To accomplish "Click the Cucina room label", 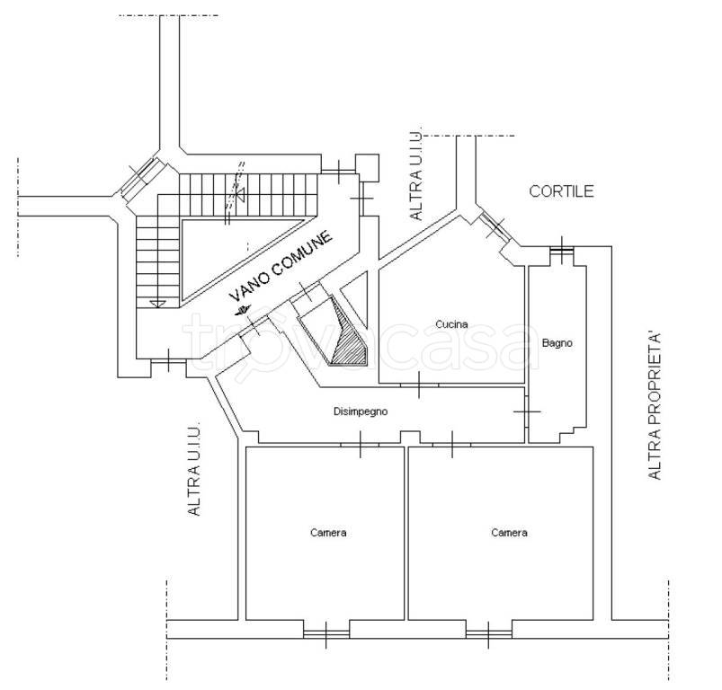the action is [451, 324].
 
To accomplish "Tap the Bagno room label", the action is [557, 343].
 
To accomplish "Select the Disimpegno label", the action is [361, 411].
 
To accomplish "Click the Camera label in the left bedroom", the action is [328, 533].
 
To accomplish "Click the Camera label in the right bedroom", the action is [509, 533].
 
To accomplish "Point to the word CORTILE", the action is [561, 191].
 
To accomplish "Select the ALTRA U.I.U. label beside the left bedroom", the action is [194, 468].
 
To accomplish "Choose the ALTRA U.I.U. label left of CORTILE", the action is [415, 175].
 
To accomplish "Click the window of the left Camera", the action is [326, 634].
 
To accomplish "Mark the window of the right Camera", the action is [488, 634].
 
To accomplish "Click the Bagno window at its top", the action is [562, 250].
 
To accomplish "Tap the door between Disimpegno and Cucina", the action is [419, 385].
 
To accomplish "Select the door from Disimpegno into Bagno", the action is [526, 411].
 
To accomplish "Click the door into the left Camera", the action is [360, 445].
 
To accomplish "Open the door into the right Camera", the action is [452, 445].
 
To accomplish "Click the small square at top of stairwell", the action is [367, 168].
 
